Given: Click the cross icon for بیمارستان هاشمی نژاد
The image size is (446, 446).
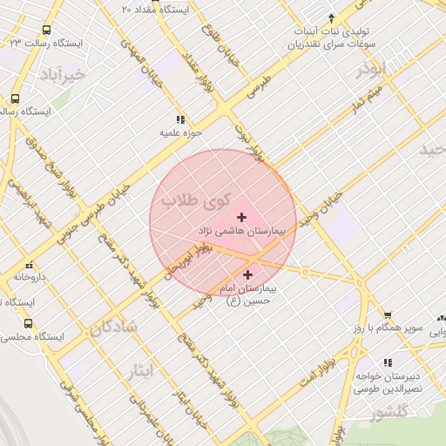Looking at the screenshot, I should click(241, 216).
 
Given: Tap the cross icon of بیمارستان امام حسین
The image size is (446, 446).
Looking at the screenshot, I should click(248, 274).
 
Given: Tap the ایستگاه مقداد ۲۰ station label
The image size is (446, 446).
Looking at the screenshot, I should click(160, 9).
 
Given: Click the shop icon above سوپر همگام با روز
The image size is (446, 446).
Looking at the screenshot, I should click(388, 315).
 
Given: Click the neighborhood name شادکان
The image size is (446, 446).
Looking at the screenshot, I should click(112, 328).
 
